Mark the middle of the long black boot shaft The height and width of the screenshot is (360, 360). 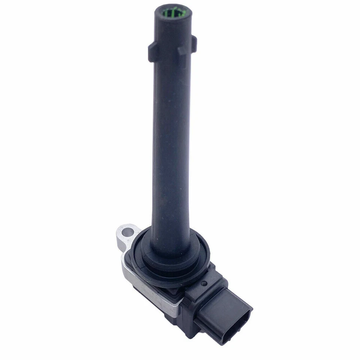pos(172,142)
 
